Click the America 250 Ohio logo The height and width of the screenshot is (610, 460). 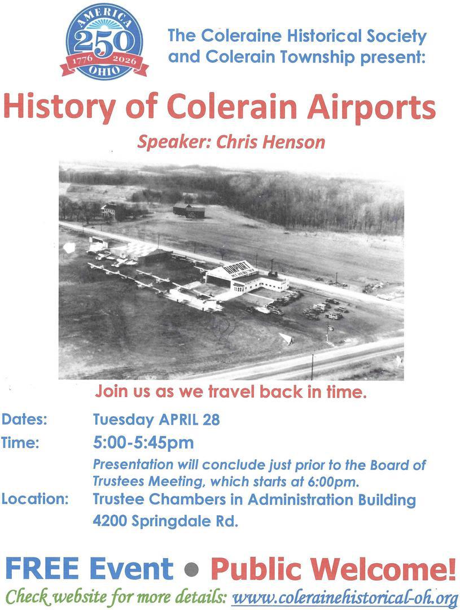[x=104, y=42]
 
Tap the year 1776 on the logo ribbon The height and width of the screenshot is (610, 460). [x=80, y=60]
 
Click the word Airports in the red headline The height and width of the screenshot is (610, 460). [x=371, y=107]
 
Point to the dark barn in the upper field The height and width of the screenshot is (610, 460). [x=189, y=210]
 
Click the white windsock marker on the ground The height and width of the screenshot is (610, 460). [x=287, y=338]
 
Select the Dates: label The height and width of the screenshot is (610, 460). [x=24, y=420]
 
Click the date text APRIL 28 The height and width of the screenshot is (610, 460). [x=190, y=420]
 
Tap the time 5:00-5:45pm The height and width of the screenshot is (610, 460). [x=143, y=443]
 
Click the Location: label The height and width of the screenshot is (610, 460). [x=35, y=499]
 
